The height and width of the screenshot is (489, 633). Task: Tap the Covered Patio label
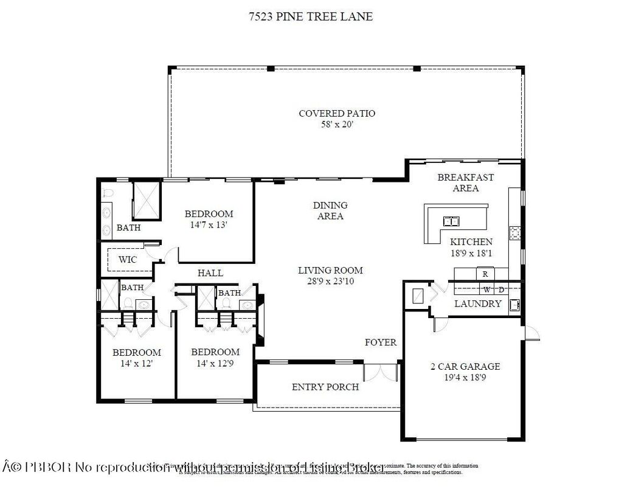tap(337, 113)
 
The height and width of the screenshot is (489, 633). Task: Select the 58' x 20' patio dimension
tap(337, 124)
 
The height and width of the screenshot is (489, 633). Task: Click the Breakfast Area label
tap(466, 182)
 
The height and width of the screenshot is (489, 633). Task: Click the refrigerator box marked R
tap(485, 274)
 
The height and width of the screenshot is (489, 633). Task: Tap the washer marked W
tap(487, 289)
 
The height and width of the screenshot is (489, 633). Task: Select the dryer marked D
tap(501, 289)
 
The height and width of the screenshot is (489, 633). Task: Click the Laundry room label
tap(478, 303)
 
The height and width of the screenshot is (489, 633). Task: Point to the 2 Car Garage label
tap(465, 366)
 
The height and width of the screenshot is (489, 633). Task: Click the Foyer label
tap(381, 342)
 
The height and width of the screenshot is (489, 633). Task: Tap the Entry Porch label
tap(325, 387)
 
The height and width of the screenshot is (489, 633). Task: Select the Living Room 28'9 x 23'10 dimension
tap(330, 281)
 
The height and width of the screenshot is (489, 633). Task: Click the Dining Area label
tap(330, 210)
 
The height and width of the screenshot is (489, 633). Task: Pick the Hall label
tap(210, 273)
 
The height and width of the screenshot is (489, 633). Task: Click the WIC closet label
tap(128, 260)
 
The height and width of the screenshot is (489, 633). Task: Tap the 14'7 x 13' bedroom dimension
tap(209, 224)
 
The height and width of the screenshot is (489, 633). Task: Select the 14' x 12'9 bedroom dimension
tap(215, 363)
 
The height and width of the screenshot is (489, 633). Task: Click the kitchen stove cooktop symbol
tap(516, 233)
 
